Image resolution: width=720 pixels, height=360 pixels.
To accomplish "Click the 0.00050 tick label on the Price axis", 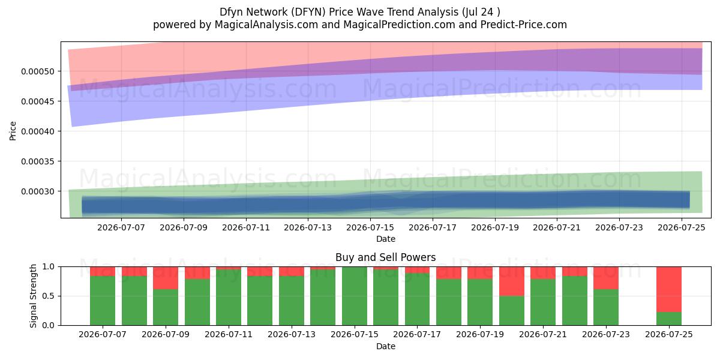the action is pyautogui.click(x=38, y=71).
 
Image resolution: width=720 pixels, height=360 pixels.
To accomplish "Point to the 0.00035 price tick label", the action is pyautogui.click(x=38, y=161).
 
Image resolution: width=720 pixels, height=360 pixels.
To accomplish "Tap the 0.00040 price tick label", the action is pyautogui.click(x=38, y=131).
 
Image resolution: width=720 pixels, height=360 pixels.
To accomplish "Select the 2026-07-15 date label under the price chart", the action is pyautogui.click(x=370, y=227).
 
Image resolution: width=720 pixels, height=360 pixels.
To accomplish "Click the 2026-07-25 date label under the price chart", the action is pyautogui.click(x=682, y=227).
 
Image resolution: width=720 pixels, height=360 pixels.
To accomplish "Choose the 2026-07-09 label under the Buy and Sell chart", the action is pyautogui.click(x=166, y=334).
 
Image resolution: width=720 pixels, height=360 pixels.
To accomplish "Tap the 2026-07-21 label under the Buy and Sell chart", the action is pyautogui.click(x=543, y=334).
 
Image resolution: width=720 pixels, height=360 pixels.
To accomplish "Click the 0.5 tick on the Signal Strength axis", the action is pyautogui.click(x=48, y=296).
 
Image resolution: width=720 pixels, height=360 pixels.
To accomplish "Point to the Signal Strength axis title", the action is pyautogui.click(x=33, y=296).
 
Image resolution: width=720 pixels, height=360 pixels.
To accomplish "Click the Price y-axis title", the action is pyautogui.click(x=13, y=131).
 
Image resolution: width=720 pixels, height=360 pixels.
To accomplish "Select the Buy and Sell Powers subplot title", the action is pyautogui.click(x=385, y=257).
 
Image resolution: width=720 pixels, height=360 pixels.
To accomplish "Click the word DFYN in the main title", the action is pyautogui.click(x=308, y=12).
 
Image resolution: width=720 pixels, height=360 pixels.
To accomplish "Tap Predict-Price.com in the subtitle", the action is pyautogui.click(x=524, y=25).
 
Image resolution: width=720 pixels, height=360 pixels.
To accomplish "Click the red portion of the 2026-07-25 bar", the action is pyautogui.click(x=669, y=289).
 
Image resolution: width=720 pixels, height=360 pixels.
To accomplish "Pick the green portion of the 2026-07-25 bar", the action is pyautogui.click(x=669, y=319).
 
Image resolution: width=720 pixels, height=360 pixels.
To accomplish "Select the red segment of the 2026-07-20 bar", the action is pyautogui.click(x=512, y=281).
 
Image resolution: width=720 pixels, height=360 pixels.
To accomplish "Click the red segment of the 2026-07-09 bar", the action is pyautogui.click(x=166, y=278).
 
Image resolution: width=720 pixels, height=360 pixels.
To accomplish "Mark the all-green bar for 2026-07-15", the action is pyautogui.click(x=355, y=296).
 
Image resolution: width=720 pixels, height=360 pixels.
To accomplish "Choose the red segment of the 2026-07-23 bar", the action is pyautogui.click(x=606, y=278).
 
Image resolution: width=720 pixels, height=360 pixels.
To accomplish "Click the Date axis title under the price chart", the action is pyautogui.click(x=386, y=239).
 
